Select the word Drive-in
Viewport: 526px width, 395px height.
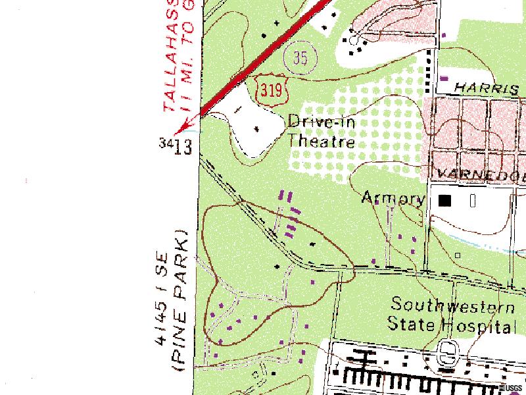(x=321, y=122)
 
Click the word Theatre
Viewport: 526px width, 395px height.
(x=322, y=142)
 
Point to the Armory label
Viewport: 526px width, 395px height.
(x=393, y=198)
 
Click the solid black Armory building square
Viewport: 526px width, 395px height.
(x=446, y=200)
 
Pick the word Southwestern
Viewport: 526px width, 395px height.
(x=453, y=305)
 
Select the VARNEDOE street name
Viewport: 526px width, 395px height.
(x=480, y=175)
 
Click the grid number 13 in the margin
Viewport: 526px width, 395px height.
(x=183, y=146)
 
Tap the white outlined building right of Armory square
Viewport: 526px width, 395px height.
(x=473, y=200)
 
